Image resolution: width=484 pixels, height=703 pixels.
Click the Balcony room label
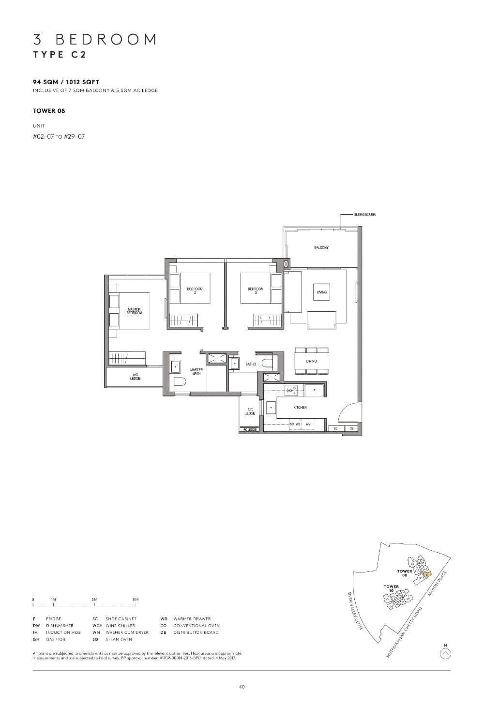(321, 248)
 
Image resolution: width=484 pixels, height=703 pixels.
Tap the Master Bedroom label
(134, 311)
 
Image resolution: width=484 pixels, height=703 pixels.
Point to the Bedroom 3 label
(256, 291)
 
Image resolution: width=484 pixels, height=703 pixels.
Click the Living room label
(321, 292)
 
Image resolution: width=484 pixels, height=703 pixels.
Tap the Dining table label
(311, 361)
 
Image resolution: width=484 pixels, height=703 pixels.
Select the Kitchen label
(300, 408)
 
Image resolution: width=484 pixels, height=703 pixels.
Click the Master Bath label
(197, 371)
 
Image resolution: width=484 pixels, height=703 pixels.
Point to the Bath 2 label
(250, 364)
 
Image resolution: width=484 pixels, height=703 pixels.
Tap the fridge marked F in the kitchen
(314, 389)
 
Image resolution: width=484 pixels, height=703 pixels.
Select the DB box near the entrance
(352, 428)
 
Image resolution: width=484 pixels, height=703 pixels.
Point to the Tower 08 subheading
(49, 111)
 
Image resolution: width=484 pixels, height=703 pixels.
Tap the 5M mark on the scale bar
(136, 600)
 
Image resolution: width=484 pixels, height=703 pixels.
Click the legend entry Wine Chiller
(120, 626)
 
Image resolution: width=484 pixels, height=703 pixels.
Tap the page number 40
(242, 687)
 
